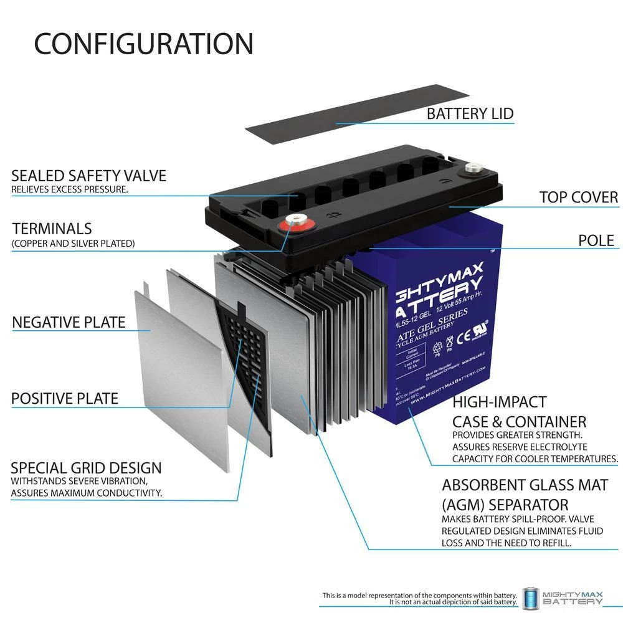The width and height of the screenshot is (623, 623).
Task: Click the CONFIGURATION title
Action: [x=143, y=44]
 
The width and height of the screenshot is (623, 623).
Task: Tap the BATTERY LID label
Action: [x=470, y=113]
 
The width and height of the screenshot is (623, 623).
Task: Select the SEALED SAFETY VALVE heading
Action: [x=88, y=176]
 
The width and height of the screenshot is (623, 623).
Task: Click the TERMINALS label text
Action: [x=51, y=229]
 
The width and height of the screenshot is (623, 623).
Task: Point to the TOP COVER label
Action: [x=578, y=197]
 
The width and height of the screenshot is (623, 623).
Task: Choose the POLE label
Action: [x=596, y=240]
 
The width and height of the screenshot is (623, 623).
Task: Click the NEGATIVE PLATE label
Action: [x=69, y=323]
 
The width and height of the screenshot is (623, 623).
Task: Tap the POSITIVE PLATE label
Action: [x=65, y=398]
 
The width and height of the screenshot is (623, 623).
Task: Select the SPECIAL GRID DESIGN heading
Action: [x=86, y=468]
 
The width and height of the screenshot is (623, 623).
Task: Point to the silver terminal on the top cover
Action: [x=472, y=168]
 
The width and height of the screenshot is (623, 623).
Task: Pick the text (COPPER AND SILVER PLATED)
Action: [x=73, y=244]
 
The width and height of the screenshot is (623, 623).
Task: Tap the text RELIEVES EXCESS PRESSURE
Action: [x=70, y=189]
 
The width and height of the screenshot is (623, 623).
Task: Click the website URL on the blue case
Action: [x=444, y=381]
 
